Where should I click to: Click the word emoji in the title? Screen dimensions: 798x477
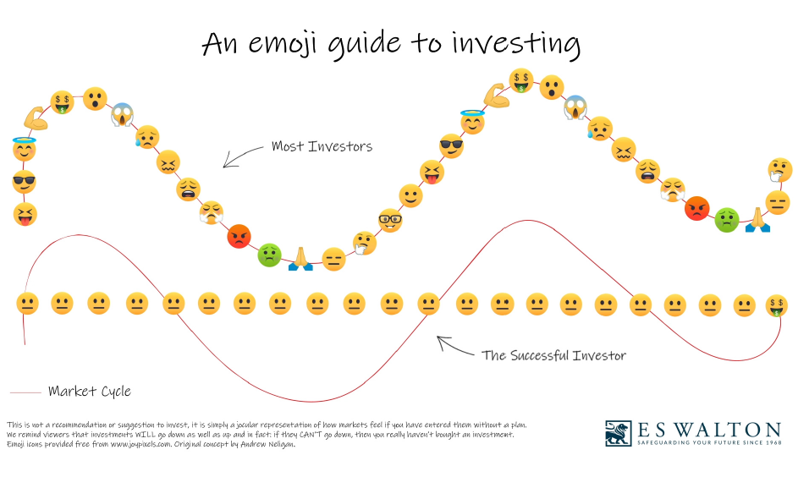tap(283, 43)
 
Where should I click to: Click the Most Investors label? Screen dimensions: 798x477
tap(322, 146)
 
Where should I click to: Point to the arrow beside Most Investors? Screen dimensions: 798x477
tap(242, 156)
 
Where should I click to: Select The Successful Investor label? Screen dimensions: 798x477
tap(553, 355)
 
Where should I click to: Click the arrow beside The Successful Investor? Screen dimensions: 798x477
tap(455, 346)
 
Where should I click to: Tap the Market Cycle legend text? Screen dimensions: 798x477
tap(90, 391)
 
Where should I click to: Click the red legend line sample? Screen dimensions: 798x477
tap(25, 392)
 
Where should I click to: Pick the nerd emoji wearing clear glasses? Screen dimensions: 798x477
tap(390, 220)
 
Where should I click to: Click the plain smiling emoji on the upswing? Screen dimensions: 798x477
tap(410, 195)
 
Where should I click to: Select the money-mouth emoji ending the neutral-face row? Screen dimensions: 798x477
tap(777, 305)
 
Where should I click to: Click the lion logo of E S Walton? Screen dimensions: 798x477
tap(619, 433)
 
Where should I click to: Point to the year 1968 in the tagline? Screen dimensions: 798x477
tap(773, 442)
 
